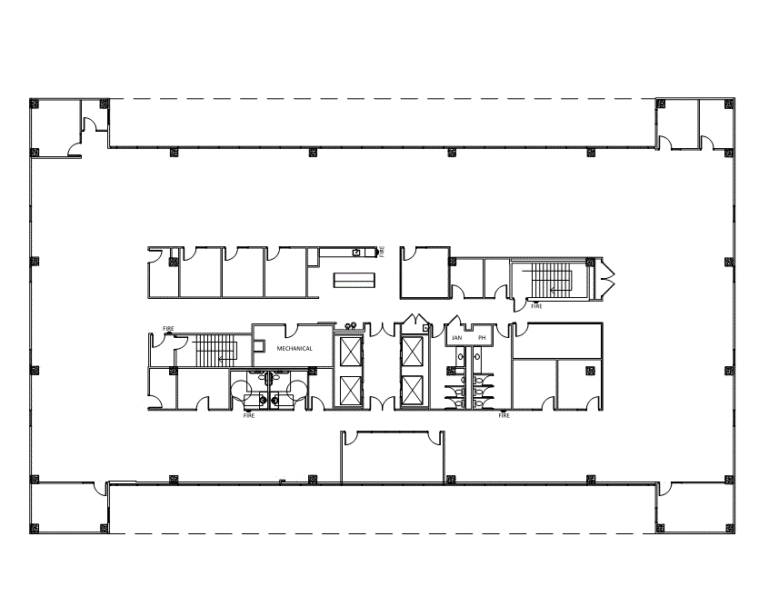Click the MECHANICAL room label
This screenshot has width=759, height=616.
coord(295,348)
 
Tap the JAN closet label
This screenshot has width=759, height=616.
coord(457,338)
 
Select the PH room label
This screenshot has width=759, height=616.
coord(482,338)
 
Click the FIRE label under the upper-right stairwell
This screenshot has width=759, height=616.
coord(536,307)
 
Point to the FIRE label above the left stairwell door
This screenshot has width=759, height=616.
coord(168,328)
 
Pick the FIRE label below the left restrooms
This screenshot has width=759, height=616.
coord(249,416)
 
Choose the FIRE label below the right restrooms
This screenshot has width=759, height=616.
coord(504,416)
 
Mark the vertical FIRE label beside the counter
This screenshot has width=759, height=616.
coord(382,252)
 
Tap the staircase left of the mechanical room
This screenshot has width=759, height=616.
coord(216,350)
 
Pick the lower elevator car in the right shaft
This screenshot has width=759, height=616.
coord(414,389)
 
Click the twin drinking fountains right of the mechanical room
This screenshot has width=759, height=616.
coord(352,325)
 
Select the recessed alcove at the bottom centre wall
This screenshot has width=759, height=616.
coord(393,458)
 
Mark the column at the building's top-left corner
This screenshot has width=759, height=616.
coord(34,103)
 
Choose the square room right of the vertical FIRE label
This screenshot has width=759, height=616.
coord(424,272)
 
